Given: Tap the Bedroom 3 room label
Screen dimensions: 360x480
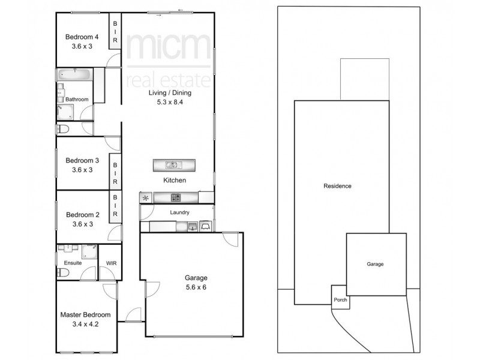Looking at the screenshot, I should (82, 160).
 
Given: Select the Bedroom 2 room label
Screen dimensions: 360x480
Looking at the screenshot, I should (82, 215).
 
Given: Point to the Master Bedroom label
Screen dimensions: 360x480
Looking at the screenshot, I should (85, 314).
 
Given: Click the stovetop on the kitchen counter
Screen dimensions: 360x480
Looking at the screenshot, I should (176, 197).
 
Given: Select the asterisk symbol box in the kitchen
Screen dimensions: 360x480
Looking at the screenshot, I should (146, 197).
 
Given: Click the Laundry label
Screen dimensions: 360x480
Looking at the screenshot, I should (179, 212).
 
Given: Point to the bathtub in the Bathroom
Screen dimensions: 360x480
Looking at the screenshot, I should (74, 76).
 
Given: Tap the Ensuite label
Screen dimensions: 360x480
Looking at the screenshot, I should (73, 263).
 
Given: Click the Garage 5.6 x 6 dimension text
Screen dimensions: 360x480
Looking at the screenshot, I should (196, 287).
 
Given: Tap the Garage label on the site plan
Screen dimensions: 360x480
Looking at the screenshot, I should (375, 264).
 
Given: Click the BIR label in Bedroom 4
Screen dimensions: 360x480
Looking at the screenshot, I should (115, 32).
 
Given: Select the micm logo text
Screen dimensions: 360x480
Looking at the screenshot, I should (168, 46).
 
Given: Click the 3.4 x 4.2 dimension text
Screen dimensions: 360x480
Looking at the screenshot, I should (85, 323).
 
